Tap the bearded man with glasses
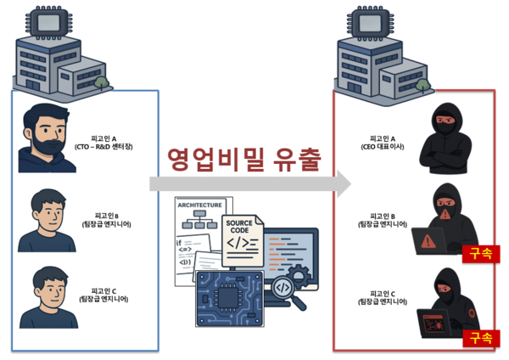coord(47,136)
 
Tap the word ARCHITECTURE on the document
coord(199,205)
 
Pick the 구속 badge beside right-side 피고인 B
coord(478,253)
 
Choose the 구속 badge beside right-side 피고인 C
coord(478,336)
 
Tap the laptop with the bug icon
coord(439,324)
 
